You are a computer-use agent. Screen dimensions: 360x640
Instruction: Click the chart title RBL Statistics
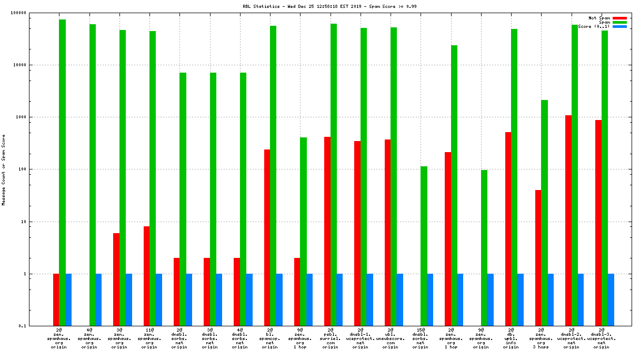[x=319, y=6]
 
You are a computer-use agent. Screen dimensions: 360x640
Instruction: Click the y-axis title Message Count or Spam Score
[x=4, y=169]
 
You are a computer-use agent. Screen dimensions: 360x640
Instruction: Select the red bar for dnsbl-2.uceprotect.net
[x=568, y=221]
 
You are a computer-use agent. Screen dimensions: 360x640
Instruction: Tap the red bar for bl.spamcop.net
[x=267, y=237]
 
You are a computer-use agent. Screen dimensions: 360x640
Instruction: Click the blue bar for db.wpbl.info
[x=520, y=299]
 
